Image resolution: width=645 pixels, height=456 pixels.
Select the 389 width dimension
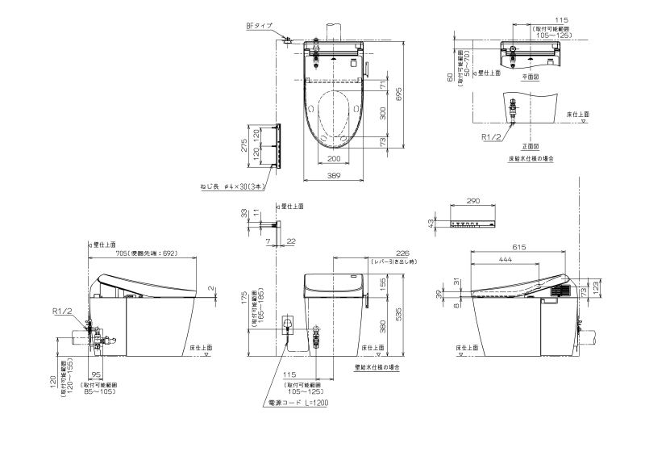coord(333,174)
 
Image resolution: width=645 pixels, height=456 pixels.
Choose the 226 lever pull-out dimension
coord(392,252)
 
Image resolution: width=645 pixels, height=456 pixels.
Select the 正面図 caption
coord(530,147)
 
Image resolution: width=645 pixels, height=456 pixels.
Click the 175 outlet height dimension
coord(243,300)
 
